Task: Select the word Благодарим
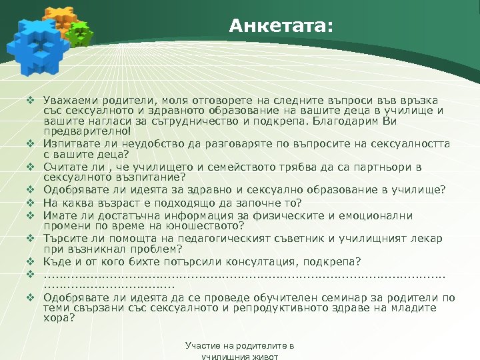[x=341, y=121]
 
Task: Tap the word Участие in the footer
[x=203, y=347]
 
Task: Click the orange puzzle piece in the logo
[x=59, y=20]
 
